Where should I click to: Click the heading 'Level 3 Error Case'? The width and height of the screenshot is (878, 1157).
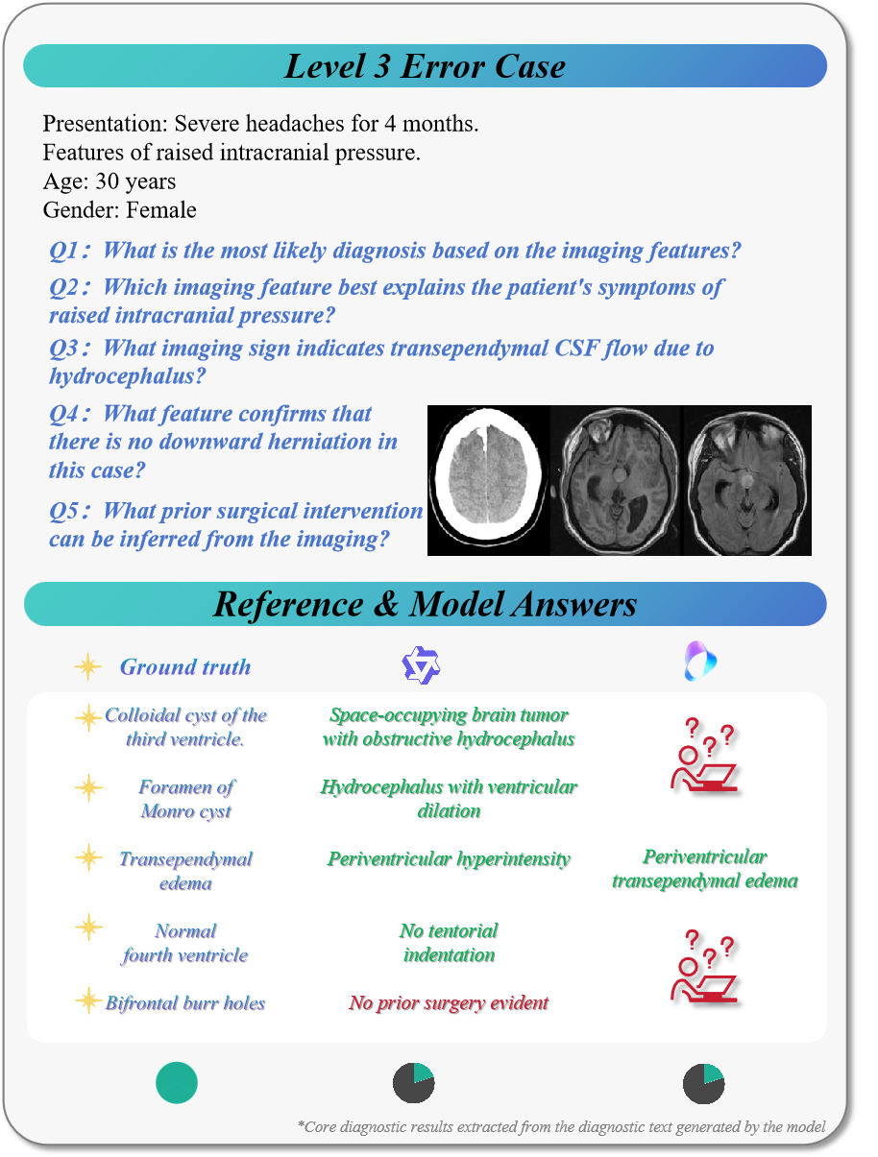[425, 66]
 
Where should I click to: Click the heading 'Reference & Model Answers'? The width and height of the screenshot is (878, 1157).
[425, 604]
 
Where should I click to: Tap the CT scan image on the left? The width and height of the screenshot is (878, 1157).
[488, 480]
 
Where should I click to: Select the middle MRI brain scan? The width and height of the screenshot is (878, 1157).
[616, 480]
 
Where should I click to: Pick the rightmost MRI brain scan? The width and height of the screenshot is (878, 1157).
[746, 480]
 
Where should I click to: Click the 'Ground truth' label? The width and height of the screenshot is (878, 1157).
[184, 666]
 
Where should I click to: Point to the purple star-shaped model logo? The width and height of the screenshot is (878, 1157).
[420, 665]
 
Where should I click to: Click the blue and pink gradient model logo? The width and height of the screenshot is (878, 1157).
[701, 662]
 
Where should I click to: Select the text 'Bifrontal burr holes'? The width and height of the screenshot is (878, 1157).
[185, 1003]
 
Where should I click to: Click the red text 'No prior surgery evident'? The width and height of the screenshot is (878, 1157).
[449, 1003]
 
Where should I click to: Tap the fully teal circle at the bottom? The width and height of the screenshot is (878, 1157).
[177, 1083]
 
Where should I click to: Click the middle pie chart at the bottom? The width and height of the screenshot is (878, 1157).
[414, 1083]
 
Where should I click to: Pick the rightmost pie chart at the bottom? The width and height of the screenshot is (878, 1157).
[704, 1083]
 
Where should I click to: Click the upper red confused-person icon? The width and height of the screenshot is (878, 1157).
[704, 759]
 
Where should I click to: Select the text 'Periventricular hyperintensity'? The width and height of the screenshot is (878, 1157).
[449, 859]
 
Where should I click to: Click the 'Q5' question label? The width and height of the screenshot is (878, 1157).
[68, 511]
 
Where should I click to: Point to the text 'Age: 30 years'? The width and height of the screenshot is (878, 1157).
[110, 181]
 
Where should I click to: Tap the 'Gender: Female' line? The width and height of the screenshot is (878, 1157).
[120, 209]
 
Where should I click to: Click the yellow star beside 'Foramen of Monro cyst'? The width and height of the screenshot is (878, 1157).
[88, 788]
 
